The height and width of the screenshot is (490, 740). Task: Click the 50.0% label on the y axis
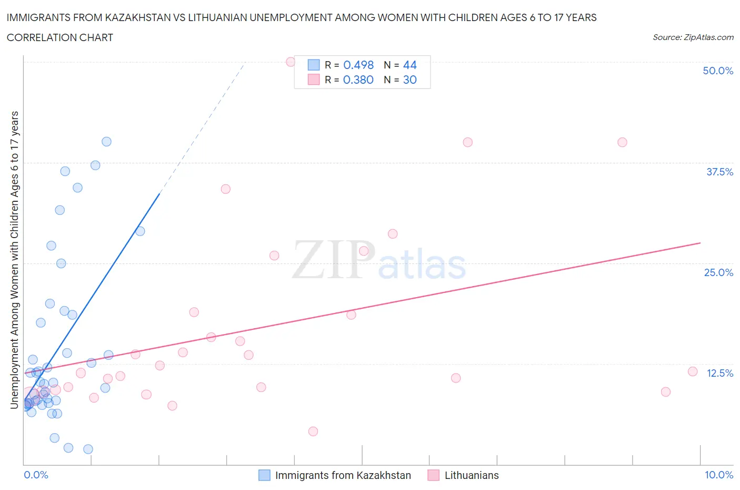(718, 71)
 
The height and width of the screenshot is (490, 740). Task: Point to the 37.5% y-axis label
(719, 172)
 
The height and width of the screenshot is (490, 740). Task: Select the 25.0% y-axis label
(718, 272)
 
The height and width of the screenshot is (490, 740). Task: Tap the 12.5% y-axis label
(719, 373)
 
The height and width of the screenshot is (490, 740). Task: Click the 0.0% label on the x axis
(36, 475)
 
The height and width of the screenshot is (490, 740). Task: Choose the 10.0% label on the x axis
(719, 475)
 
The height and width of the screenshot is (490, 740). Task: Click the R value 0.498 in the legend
(358, 65)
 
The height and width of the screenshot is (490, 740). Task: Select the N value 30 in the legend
(409, 80)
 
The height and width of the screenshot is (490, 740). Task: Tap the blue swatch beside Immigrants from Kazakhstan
(264, 475)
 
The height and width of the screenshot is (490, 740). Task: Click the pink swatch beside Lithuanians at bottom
(434, 475)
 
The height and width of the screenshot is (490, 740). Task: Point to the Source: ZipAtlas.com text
(693, 37)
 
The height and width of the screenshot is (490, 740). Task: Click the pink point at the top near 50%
(291, 62)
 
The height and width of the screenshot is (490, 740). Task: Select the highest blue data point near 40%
(106, 141)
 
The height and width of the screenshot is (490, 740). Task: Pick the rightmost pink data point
(693, 371)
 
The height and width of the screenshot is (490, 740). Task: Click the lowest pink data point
(313, 431)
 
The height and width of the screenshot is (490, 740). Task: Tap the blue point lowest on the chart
(88, 449)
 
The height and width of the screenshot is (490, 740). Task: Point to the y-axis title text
(14, 260)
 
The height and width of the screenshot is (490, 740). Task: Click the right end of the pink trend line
(700, 243)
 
